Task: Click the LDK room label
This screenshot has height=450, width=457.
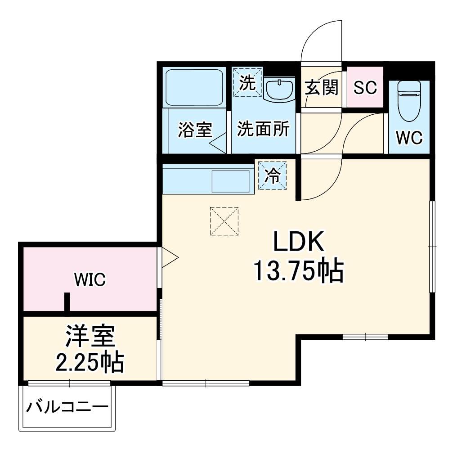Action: coord(298,243)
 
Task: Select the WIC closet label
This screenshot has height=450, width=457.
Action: coord(90,280)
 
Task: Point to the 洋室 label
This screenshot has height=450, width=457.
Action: coord(90,336)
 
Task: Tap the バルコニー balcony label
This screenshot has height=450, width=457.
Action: coord(67,408)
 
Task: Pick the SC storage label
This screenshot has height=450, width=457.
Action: coord(365,88)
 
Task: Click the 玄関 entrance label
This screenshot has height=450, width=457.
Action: coord(321,87)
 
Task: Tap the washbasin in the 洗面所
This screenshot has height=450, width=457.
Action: coord(280,90)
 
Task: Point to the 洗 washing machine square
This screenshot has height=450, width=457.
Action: coord(247,82)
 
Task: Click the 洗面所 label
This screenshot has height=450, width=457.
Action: coord(264,130)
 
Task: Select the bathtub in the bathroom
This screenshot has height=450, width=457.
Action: coord(194,87)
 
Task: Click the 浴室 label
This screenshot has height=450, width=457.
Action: coord(195,130)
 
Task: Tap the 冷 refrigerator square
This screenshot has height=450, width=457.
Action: coord(272,175)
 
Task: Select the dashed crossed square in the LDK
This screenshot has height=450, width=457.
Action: coord(224,221)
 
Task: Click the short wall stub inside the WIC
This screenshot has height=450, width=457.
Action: coord(67,302)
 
